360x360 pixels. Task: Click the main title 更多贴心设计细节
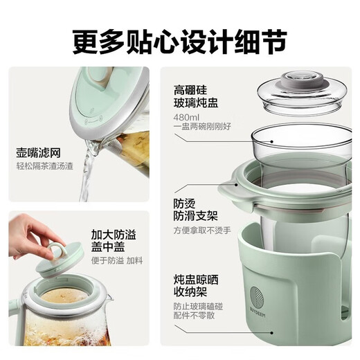tap(179, 39)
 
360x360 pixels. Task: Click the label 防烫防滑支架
tap(186, 211)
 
